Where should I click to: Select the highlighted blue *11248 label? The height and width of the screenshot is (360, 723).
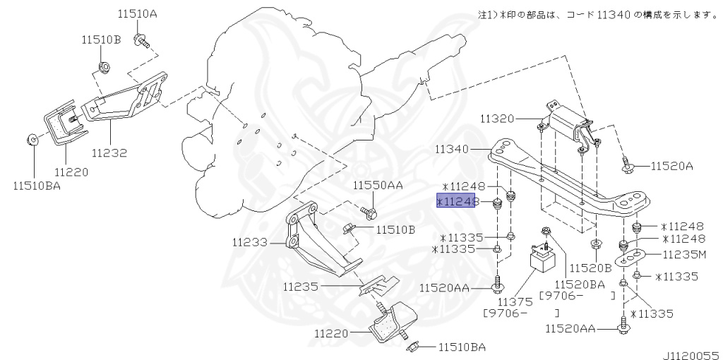pyautogui.click(x=458, y=202)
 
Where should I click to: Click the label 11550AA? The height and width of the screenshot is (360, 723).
pyautogui.click(x=378, y=186)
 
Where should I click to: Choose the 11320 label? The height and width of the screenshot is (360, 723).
pyautogui.click(x=500, y=119)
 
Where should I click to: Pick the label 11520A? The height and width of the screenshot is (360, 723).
pyautogui.click(x=671, y=167)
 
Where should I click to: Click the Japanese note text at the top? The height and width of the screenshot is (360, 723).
pyautogui.click(x=597, y=14)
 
